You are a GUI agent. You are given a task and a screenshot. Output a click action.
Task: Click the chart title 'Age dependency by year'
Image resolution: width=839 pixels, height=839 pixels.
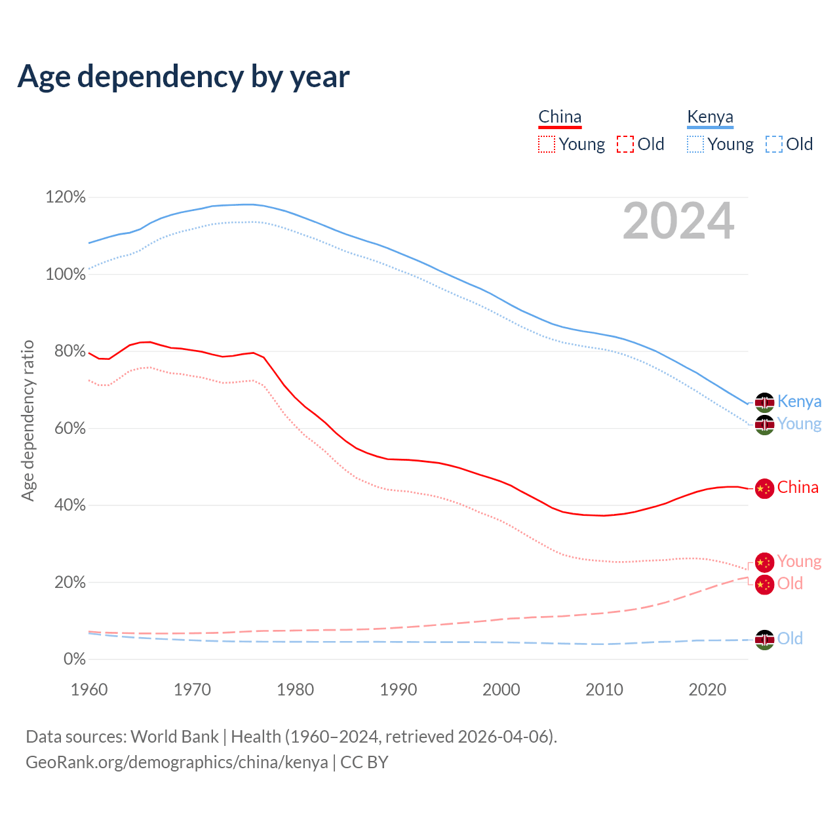pyautogui.click(x=184, y=77)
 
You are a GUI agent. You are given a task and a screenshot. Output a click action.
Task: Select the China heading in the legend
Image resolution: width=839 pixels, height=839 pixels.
pyautogui.click(x=560, y=117)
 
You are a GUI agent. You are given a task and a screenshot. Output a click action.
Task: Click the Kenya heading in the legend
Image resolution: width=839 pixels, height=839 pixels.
pyautogui.click(x=710, y=117)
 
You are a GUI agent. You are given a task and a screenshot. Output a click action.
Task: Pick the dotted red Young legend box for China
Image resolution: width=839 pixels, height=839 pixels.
pyautogui.click(x=547, y=144)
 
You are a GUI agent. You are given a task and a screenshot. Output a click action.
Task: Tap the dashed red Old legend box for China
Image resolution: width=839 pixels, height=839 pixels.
pyautogui.click(x=625, y=144)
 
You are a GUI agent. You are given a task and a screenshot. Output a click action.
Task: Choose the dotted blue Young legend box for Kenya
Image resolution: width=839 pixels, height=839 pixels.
pyautogui.click(x=695, y=144)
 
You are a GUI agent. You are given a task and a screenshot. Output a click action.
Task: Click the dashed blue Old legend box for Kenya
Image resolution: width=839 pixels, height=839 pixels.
pyautogui.click(x=774, y=144)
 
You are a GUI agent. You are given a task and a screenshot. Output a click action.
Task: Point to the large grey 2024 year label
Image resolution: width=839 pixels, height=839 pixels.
pyautogui.click(x=678, y=221)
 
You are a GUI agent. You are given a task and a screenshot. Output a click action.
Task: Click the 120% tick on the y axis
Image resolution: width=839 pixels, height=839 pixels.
pyautogui.click(x=66, y=197)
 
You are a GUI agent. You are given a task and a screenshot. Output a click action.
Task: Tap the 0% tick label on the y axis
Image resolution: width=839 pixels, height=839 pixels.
pyautogui.click(x=75, y=659)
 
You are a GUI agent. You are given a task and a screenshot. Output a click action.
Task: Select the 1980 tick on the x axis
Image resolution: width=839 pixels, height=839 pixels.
pyautogui.click(x=296, y=690)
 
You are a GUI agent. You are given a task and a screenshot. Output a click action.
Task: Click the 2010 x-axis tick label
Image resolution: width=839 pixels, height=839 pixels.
pyautogui.click(x=604, y=690)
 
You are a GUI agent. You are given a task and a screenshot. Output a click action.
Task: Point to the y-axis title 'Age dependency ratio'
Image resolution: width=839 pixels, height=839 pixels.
pyautogui.click(x=28, y=420)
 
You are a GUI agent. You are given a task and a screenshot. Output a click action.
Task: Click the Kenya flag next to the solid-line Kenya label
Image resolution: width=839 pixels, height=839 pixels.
pyautogui.click(x=764, y=402)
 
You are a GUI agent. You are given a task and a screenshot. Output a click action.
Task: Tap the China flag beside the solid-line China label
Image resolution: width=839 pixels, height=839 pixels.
pyautogui.click(x=764, y=488)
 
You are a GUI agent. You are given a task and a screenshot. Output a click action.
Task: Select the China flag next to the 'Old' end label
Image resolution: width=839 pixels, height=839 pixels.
pyautogui.click(x=764, y=584)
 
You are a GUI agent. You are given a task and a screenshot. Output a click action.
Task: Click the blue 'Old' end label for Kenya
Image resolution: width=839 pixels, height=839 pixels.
pyautogui.click(x=790, y=638)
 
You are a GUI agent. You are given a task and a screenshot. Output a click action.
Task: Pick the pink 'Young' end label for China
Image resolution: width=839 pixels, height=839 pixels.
pyautogui.click(x=799, y=562)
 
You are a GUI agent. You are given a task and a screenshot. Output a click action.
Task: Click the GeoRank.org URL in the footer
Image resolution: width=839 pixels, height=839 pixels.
pyautogui.click(x=177, y=762)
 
